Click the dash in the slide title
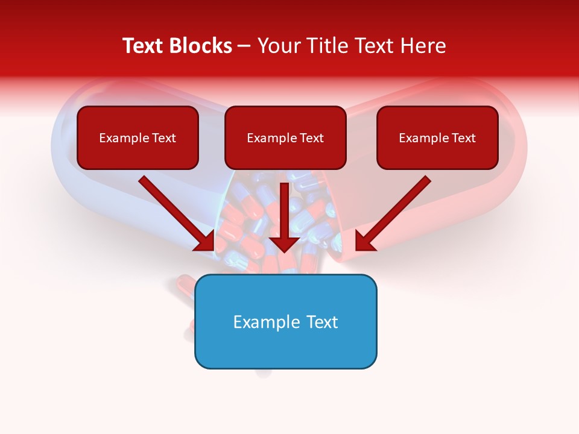(244, 46)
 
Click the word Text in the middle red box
(312, 138)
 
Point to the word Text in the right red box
(464, 138)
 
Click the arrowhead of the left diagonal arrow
(205, 241)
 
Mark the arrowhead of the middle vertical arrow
(284, 244)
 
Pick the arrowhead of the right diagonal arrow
(364, 241)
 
